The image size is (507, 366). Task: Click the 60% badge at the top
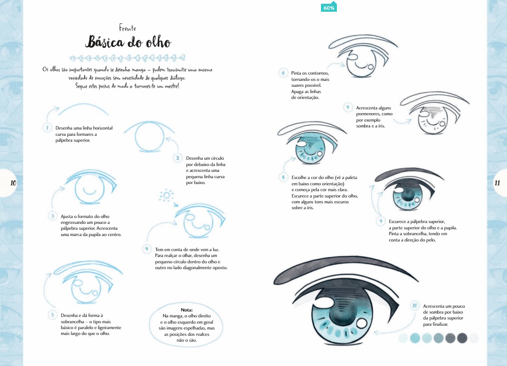(x=329, y=8)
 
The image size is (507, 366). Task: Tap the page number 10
(x=13, y=183)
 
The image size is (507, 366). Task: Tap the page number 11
(x=497, y=183)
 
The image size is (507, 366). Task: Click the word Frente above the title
(x=127, y=28)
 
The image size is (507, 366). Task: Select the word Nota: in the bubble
(x=186, y=310)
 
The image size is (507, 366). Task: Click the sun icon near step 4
(x=166, y=195)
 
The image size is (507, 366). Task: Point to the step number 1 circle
(x=47, y=128)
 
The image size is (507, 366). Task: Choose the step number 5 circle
(x=52, y=315)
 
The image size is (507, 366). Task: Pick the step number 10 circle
(x=415, y=306)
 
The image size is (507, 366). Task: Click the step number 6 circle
(x=283, y=73)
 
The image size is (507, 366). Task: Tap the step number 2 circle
(x=178, y=158)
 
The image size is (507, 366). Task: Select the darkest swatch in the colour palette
(x=462, y=338)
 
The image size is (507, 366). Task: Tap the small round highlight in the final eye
(x=362, y=323)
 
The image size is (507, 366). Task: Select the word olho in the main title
(x=158, y=42)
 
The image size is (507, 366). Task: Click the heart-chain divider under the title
(x=127, y=58)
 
